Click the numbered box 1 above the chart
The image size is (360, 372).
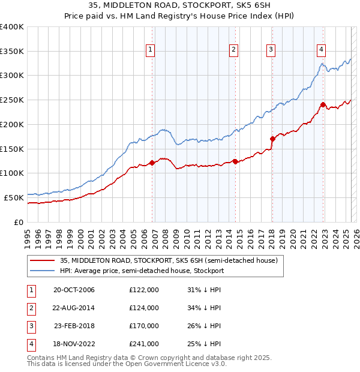149,50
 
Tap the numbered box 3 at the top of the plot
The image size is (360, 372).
271,50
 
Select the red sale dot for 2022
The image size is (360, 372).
323,104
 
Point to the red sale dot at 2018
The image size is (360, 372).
272,139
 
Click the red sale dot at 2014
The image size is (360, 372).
235,161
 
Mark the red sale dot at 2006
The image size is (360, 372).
152,162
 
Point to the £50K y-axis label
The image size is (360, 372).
13,197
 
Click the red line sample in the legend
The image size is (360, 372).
42,261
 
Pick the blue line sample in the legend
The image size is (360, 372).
42,271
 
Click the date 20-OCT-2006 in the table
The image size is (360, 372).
74,290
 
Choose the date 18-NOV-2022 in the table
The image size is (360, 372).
74,344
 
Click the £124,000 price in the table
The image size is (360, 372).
144,308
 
